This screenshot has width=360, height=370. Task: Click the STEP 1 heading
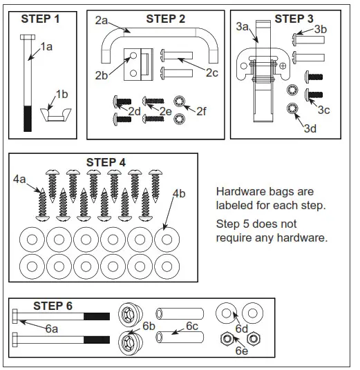tap(40, 19)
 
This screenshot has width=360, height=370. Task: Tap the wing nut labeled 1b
tap(55, 115)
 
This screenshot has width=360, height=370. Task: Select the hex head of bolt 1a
tap(28, 37)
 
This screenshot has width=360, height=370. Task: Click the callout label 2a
tap(102, 20)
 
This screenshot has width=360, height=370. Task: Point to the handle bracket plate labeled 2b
tap(138, 64)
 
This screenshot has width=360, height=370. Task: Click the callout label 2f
tap(201, 111)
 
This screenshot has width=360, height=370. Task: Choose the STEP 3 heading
tap(294, 19)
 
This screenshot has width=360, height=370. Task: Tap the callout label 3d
tap(310, 128)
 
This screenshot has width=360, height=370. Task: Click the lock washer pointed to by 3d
tap(292, 108)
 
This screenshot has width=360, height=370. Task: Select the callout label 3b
tap(321, 30)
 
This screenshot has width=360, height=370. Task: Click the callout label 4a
tap(19, 179)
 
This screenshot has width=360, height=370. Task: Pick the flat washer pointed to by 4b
tap(167, 240)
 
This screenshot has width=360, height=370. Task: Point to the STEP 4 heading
tap(106, 162)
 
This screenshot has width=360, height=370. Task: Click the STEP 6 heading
tap(53, 306)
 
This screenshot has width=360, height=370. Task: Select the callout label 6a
tap(52, 329)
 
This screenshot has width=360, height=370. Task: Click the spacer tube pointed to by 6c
tap(180, 337)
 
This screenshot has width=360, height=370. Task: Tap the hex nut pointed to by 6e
tap(227, 339)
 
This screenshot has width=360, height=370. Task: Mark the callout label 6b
tap(149, 326)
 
